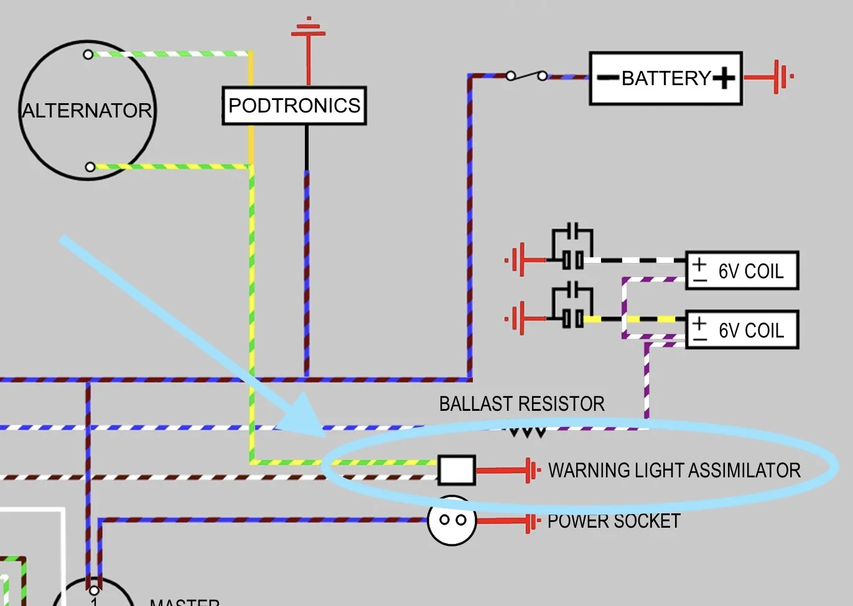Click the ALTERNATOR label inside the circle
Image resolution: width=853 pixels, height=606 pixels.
coord(87,111)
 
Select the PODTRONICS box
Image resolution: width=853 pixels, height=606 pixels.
coord(294,106)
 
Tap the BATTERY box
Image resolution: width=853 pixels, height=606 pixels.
coord(666,78)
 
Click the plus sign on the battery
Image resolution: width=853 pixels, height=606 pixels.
coord(724,78)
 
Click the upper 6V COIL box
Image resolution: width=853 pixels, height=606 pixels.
coord(742,271)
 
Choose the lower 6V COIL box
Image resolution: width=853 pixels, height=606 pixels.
coord(742,330)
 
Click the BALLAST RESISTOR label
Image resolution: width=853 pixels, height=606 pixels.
coord(521,404)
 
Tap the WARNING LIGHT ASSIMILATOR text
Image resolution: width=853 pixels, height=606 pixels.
coord(674,471)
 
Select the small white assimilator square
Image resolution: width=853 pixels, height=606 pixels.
coord(457,471)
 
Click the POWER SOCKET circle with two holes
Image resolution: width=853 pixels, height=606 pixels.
coord(452,520)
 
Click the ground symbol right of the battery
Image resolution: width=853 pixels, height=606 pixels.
coord(781,77)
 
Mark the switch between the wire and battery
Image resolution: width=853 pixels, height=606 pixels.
coord(526,76)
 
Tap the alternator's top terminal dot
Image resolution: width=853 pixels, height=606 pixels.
coord(88,55)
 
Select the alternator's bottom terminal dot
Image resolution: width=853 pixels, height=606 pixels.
coord(90,167)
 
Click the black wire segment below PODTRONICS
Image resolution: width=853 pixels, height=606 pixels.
coord(307,147)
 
